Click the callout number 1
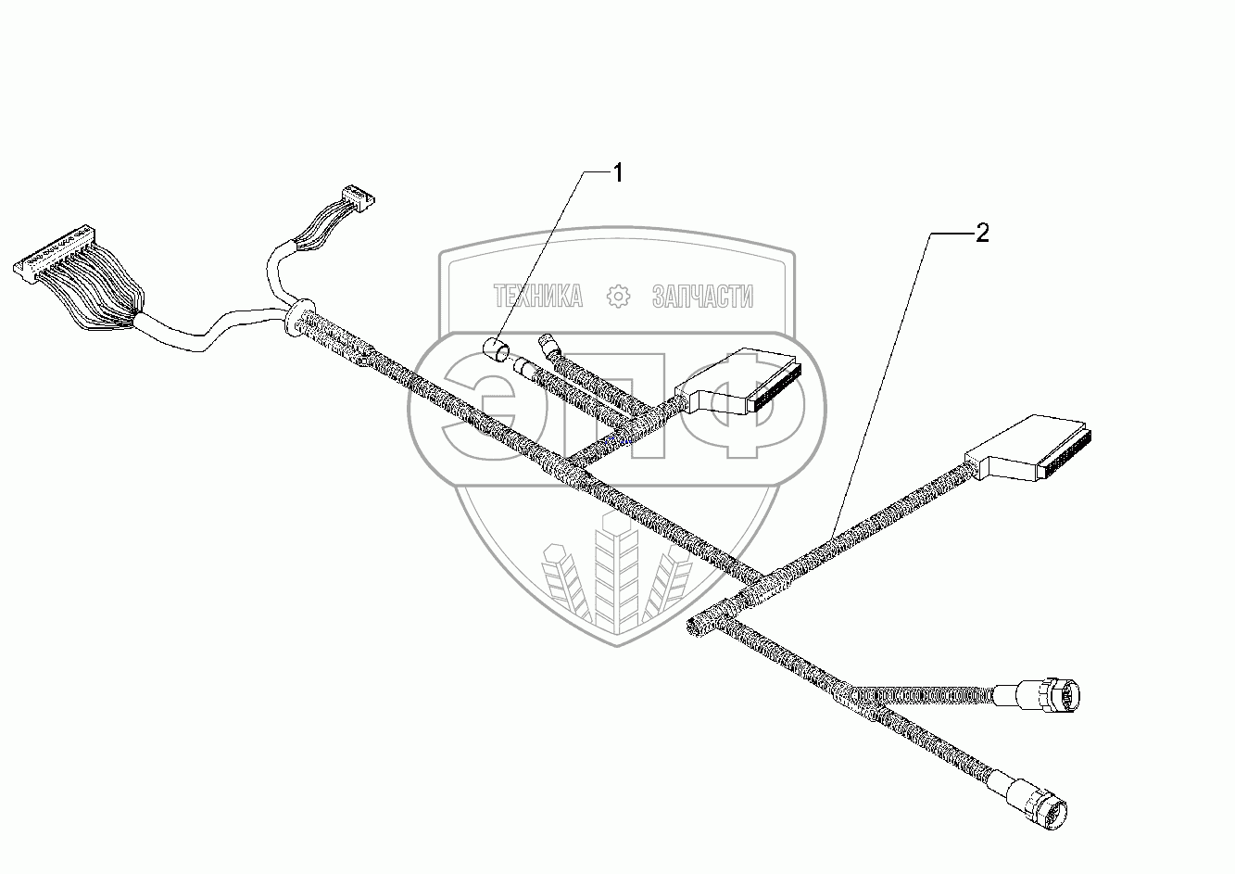[x=616, y=172]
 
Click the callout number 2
[x=981, y=234]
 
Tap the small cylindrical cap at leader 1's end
[x=498, y=350]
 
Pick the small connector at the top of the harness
[x=356, y=196]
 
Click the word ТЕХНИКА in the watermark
[x=538, y=297]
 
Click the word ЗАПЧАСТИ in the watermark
[x=702, y=297]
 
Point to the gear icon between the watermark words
[x=617, y=297]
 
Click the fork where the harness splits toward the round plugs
[x=848, y=690]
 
